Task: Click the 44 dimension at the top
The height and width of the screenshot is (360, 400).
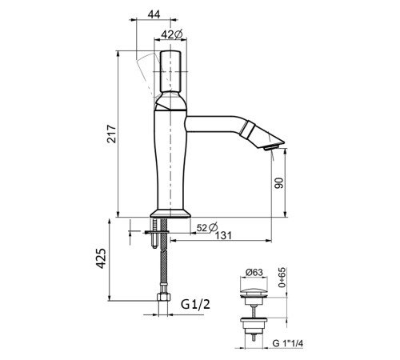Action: click(154, 14)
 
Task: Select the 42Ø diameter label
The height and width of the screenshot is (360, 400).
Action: click(172, 34)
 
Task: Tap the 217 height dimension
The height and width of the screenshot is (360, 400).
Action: click(112, 134)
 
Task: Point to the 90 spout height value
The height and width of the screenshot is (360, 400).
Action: click(279, 182)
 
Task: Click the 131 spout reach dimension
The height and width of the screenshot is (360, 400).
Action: click(223, 236)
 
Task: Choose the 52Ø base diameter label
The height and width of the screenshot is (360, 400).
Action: click(207, 227)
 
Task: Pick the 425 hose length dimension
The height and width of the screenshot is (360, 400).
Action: click(101, 258)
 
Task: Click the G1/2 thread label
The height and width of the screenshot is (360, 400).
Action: click(195, 304)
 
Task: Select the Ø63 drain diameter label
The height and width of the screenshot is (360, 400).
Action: click(254, 273)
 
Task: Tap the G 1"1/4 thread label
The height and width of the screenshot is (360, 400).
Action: click(288, 343)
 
